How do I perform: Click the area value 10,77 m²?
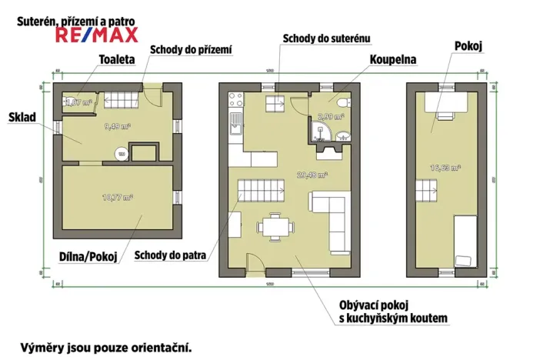click(118, 198)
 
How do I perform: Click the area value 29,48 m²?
click(312, 175)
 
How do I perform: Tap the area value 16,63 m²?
click(445, 167)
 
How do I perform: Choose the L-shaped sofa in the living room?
click(331, 215)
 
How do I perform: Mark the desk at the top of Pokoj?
click(445, 104)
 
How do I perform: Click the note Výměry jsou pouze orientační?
click(106, 346)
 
